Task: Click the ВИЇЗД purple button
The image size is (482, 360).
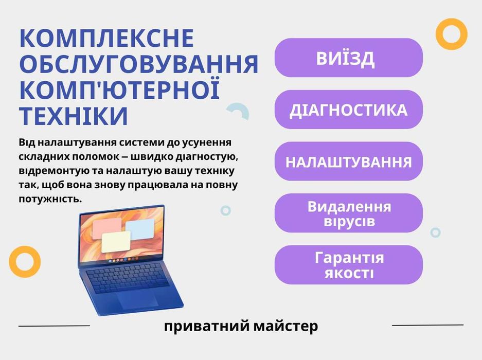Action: [348, 58]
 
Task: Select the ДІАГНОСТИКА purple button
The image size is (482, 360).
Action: [348, 110]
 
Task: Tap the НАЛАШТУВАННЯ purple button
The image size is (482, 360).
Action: [348, 161]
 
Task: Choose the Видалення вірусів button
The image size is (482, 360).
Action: [348, 213]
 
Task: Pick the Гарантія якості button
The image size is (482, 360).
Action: [348, 265]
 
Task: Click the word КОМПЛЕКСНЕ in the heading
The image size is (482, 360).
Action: [107, 39]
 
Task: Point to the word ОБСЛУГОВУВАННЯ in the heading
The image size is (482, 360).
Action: [138, 64]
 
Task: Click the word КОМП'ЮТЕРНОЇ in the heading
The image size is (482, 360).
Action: [120, 90]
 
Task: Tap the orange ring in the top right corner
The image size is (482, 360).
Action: [451, 34]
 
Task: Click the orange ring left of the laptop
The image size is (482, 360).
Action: [24, 261]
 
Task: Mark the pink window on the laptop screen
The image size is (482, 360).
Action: [107, 227]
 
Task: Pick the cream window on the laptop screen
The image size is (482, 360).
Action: [116, 241]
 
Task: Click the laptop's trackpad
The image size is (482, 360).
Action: [135, 301]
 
